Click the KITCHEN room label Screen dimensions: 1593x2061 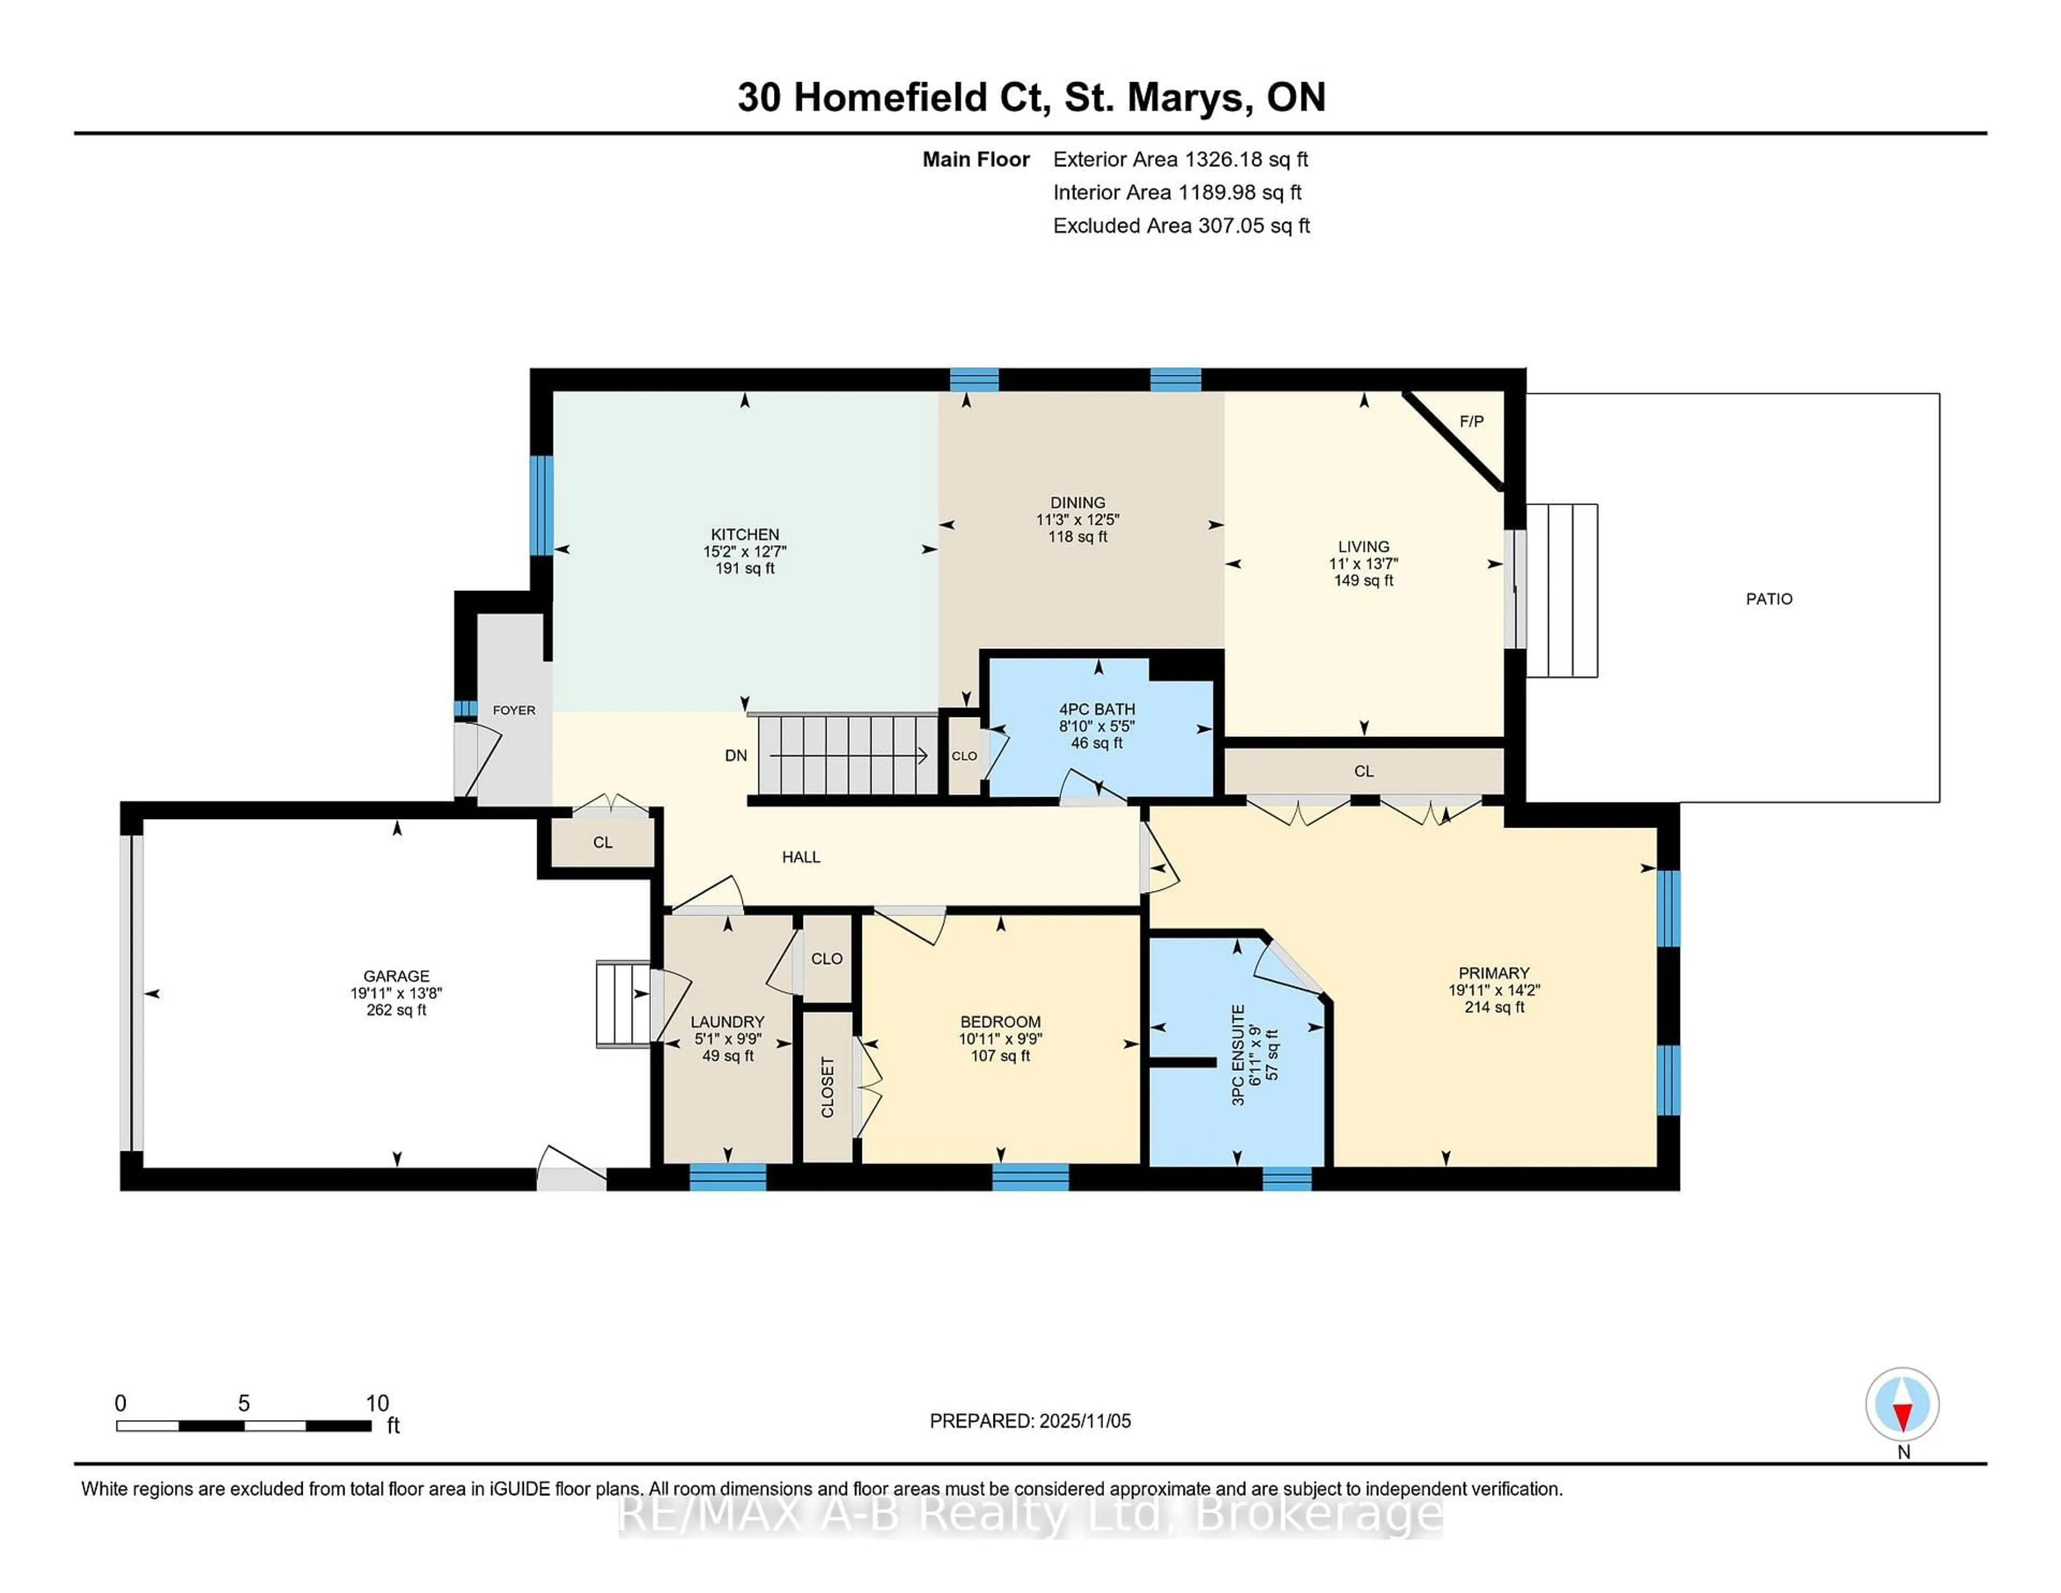pyautogui.click(x=744, y=534)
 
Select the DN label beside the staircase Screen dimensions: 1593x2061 pyautogui.click(x=735, y=756)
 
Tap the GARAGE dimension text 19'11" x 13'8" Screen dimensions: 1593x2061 pyautogui.click(x=396, y=993)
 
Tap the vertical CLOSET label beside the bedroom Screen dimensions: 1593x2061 pyautogui.click(x=828, y=1087)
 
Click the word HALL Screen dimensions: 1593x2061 pyautogui.click(x=800, y=857)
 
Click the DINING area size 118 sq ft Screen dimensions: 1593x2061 pyautogui.click(x=1077, y=537)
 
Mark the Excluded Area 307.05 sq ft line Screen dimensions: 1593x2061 pyautogui.click(x=1181, y=225)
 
